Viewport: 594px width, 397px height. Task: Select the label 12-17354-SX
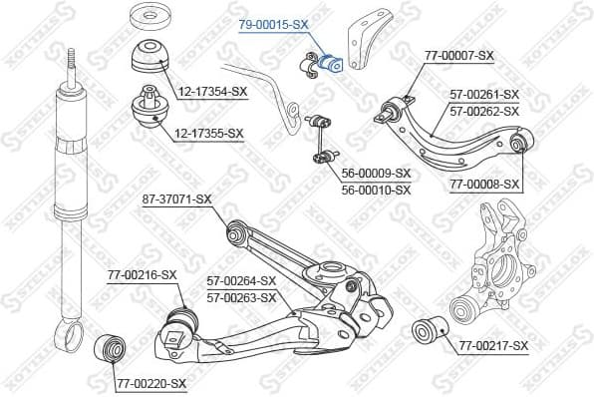(x=211, y=92)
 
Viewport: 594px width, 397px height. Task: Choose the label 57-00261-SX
(x=484, y=95)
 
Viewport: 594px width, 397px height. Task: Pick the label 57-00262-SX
(x=484, y=110)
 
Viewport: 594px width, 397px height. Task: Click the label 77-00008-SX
(x=485, y=185)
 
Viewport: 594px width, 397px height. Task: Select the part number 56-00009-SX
(x=376, y=173)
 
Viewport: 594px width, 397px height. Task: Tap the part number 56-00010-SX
(x=376, y=189)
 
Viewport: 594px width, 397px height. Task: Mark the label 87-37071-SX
(x=176, y=199)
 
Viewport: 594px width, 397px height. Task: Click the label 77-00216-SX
(x=142, y=274)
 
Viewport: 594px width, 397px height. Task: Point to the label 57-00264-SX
(x=240, y=281)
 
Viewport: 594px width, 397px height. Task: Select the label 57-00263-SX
(x=240, y=296)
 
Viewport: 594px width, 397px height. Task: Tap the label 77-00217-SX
(x=493, y=345)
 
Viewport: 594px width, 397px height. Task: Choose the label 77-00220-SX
(x=150, y=383)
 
